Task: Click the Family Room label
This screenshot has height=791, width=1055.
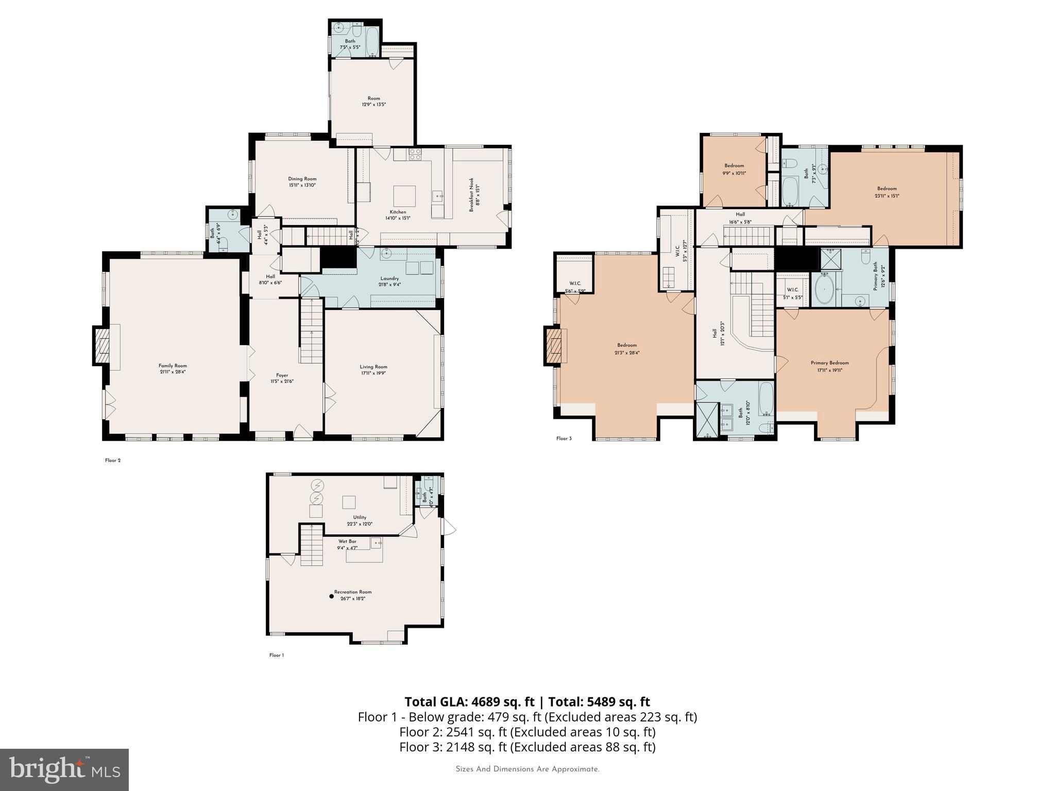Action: tap(173, 366)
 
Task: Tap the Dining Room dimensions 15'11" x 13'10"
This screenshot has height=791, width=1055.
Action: tap(302, 185)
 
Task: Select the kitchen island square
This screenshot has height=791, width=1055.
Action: tap(404, 196)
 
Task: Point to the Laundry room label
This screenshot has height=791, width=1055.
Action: tap(389, 279)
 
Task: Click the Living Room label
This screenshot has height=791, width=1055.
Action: tap(373, 367)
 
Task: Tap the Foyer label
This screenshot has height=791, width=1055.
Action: tap(282, 375)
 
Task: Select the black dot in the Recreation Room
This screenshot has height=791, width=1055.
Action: tap(331, 596)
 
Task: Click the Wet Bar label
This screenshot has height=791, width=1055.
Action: tap(347, 541)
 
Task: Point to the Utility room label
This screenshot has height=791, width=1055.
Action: tap(360, 518)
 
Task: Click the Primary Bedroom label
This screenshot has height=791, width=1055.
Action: tap(829, 363)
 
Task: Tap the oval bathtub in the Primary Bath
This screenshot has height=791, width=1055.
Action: tap(824, 289)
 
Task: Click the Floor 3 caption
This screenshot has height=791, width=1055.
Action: tap(564, 439)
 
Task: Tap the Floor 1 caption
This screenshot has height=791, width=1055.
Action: tap(276, 656)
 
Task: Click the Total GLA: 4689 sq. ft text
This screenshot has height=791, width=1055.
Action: tap(470, 702)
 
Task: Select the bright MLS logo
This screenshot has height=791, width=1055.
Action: tap(64, 769)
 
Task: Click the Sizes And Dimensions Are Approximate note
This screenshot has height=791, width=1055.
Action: tap(527, 769)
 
